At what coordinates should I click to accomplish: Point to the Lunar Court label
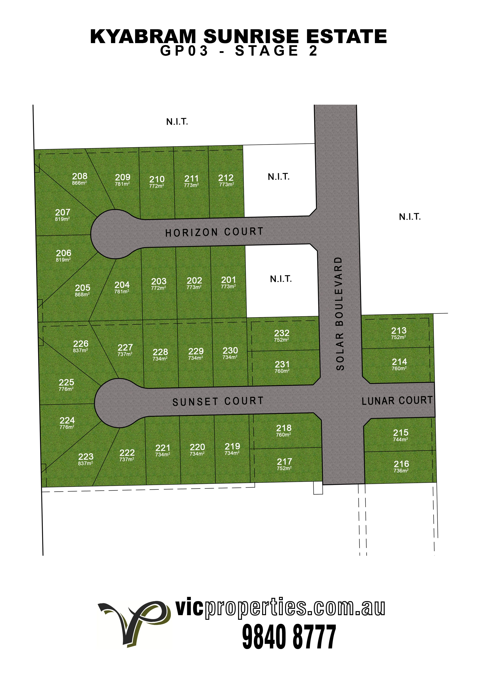(397, 400)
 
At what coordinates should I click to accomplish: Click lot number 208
(80, 176)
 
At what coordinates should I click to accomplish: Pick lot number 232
(282, 333)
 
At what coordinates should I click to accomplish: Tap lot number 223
(86, 457)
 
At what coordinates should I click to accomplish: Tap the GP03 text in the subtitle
(184, 51)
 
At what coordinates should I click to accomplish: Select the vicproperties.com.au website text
(280, 608)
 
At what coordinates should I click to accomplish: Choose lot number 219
(232, 446)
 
